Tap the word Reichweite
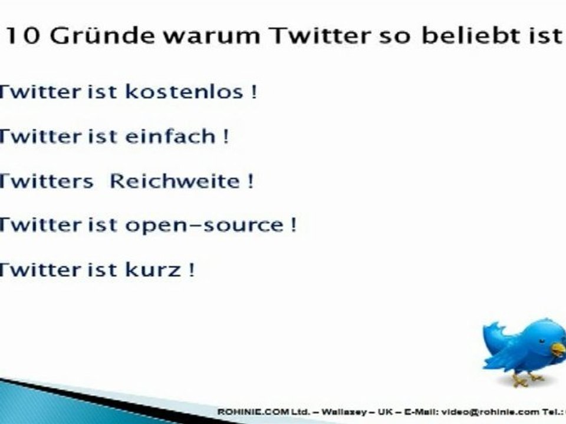pyautogui.click(x=175, y=181)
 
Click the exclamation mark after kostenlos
pyautogui.click(x=254, y=92)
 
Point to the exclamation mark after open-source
pyautogui.click(x=293, y=226)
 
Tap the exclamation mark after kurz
pyautogui.click(x=191, y=270)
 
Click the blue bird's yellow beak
pyautogui.click(x=558, y=350)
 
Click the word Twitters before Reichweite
pyautogui.click(x=46, y=181)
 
